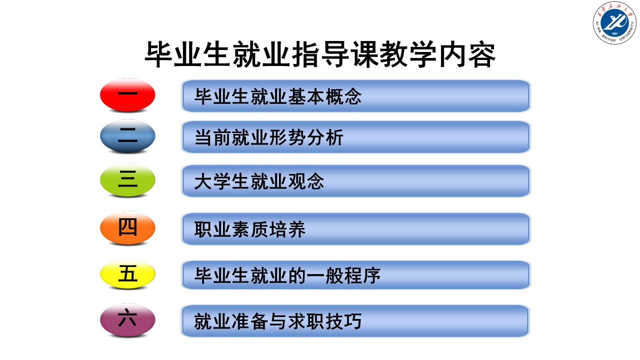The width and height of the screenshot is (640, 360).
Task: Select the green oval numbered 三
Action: tap(127, 180)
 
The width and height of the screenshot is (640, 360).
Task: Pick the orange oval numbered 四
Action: tap(127, 228)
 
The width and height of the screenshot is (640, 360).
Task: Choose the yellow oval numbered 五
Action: tap(127, 274)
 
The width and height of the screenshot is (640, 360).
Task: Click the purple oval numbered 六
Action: tap(127, 319)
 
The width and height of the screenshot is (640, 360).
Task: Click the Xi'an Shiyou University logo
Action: tap(614, 23)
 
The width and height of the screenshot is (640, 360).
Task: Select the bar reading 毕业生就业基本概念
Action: tap(355, 96)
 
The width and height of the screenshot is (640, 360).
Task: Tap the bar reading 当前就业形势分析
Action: tap(355, 137)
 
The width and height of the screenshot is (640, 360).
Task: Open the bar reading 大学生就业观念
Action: tap(355, 181)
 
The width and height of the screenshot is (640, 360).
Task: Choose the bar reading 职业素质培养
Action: tap(355, 229)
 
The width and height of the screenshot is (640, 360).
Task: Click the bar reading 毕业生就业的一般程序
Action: tap(355, 275)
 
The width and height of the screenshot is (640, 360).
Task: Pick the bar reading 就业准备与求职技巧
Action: tap(355, 320)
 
